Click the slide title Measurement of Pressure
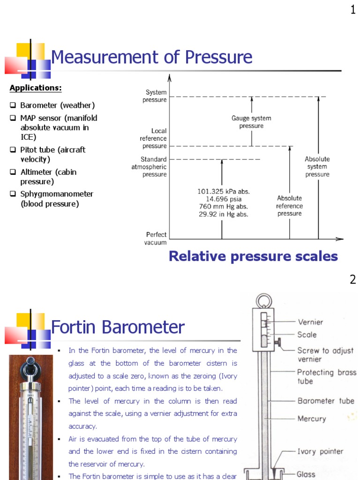pyautogui.click(x=151, y=58)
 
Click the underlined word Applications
pyautogui.click(x=36, y=88)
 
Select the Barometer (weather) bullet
pyautogui.click(x=57, y=105)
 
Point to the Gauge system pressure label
pyautogui.click(x=251, y=122)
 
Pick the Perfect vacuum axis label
pyautogui.click(x=156, y=239)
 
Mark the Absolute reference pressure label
pyautogui.click(x=289, y=206)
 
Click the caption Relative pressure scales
pyautogui.click(x=253, y=256)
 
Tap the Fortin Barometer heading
pyautogui.click(x=118, y=327)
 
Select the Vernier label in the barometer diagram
pyautogui.click(x=310, y=322)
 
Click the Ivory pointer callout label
pyautogui.click(x=320, y=452)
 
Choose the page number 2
pyautogui.click(x=353, y=280)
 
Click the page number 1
pyautogui.click(x=353, y=9)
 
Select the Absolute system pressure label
pyautogui.click(x=317, y=166)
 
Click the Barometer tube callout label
pyautogui.click(x=326, y=401)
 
